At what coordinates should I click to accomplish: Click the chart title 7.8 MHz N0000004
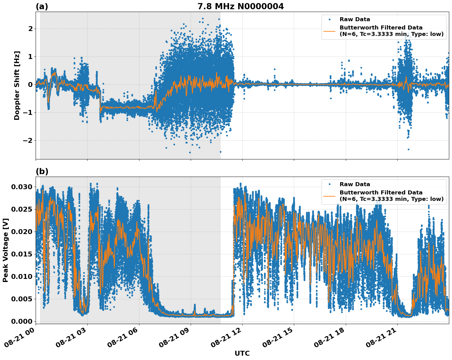tap(240, 6)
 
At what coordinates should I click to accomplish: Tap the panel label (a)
tap(42, 6)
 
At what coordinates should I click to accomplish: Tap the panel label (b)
tap(42, 171)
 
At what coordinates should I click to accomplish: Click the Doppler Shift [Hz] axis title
tap(17, 85)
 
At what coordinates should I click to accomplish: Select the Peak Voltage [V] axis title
tap(6, 250)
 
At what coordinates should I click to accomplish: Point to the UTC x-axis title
tap(242, 353)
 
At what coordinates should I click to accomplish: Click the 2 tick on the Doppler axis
tap(30, 29)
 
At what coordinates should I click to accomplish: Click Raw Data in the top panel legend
tap(355, 20)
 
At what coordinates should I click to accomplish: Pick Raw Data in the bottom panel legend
tap(355, 184)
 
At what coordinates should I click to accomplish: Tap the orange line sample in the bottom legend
tap(330, 196)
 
